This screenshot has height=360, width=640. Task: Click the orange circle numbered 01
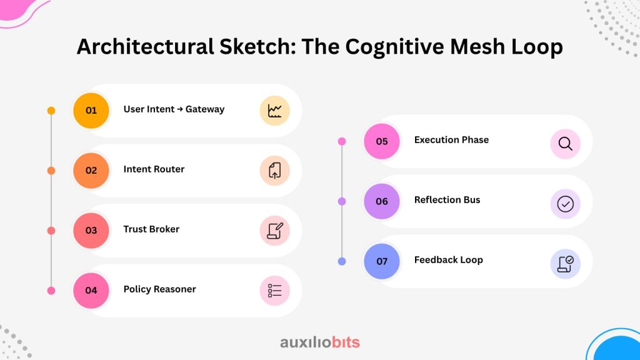click(91, 111)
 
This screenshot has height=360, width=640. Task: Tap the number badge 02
click(91, 170)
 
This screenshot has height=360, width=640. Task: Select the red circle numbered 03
click(91, 230)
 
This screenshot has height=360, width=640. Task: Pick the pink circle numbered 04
click(91, 290)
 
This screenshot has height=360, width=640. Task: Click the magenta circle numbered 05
click(382, 141)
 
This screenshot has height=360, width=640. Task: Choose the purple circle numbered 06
click(382, 201)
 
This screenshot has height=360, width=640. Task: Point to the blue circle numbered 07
click(382, 261)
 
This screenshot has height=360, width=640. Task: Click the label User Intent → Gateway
click(174, 109)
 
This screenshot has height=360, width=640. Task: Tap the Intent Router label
click(154, 169)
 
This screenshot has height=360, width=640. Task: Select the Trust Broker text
click(151, 229)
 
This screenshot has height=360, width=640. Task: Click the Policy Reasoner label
click(159, 289)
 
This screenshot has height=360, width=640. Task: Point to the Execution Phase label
click(451, 140)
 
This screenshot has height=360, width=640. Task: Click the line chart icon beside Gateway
click(275, 111)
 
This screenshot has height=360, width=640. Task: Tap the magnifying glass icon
click(566, 144)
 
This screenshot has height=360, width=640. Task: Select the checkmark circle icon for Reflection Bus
click(566, 204)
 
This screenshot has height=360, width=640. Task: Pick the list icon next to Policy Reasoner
click(275, 291)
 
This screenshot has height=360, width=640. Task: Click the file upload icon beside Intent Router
click(275, 171)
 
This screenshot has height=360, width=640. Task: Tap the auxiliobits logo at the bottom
click(320, 342)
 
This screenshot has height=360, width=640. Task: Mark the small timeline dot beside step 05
click(342, 141)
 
